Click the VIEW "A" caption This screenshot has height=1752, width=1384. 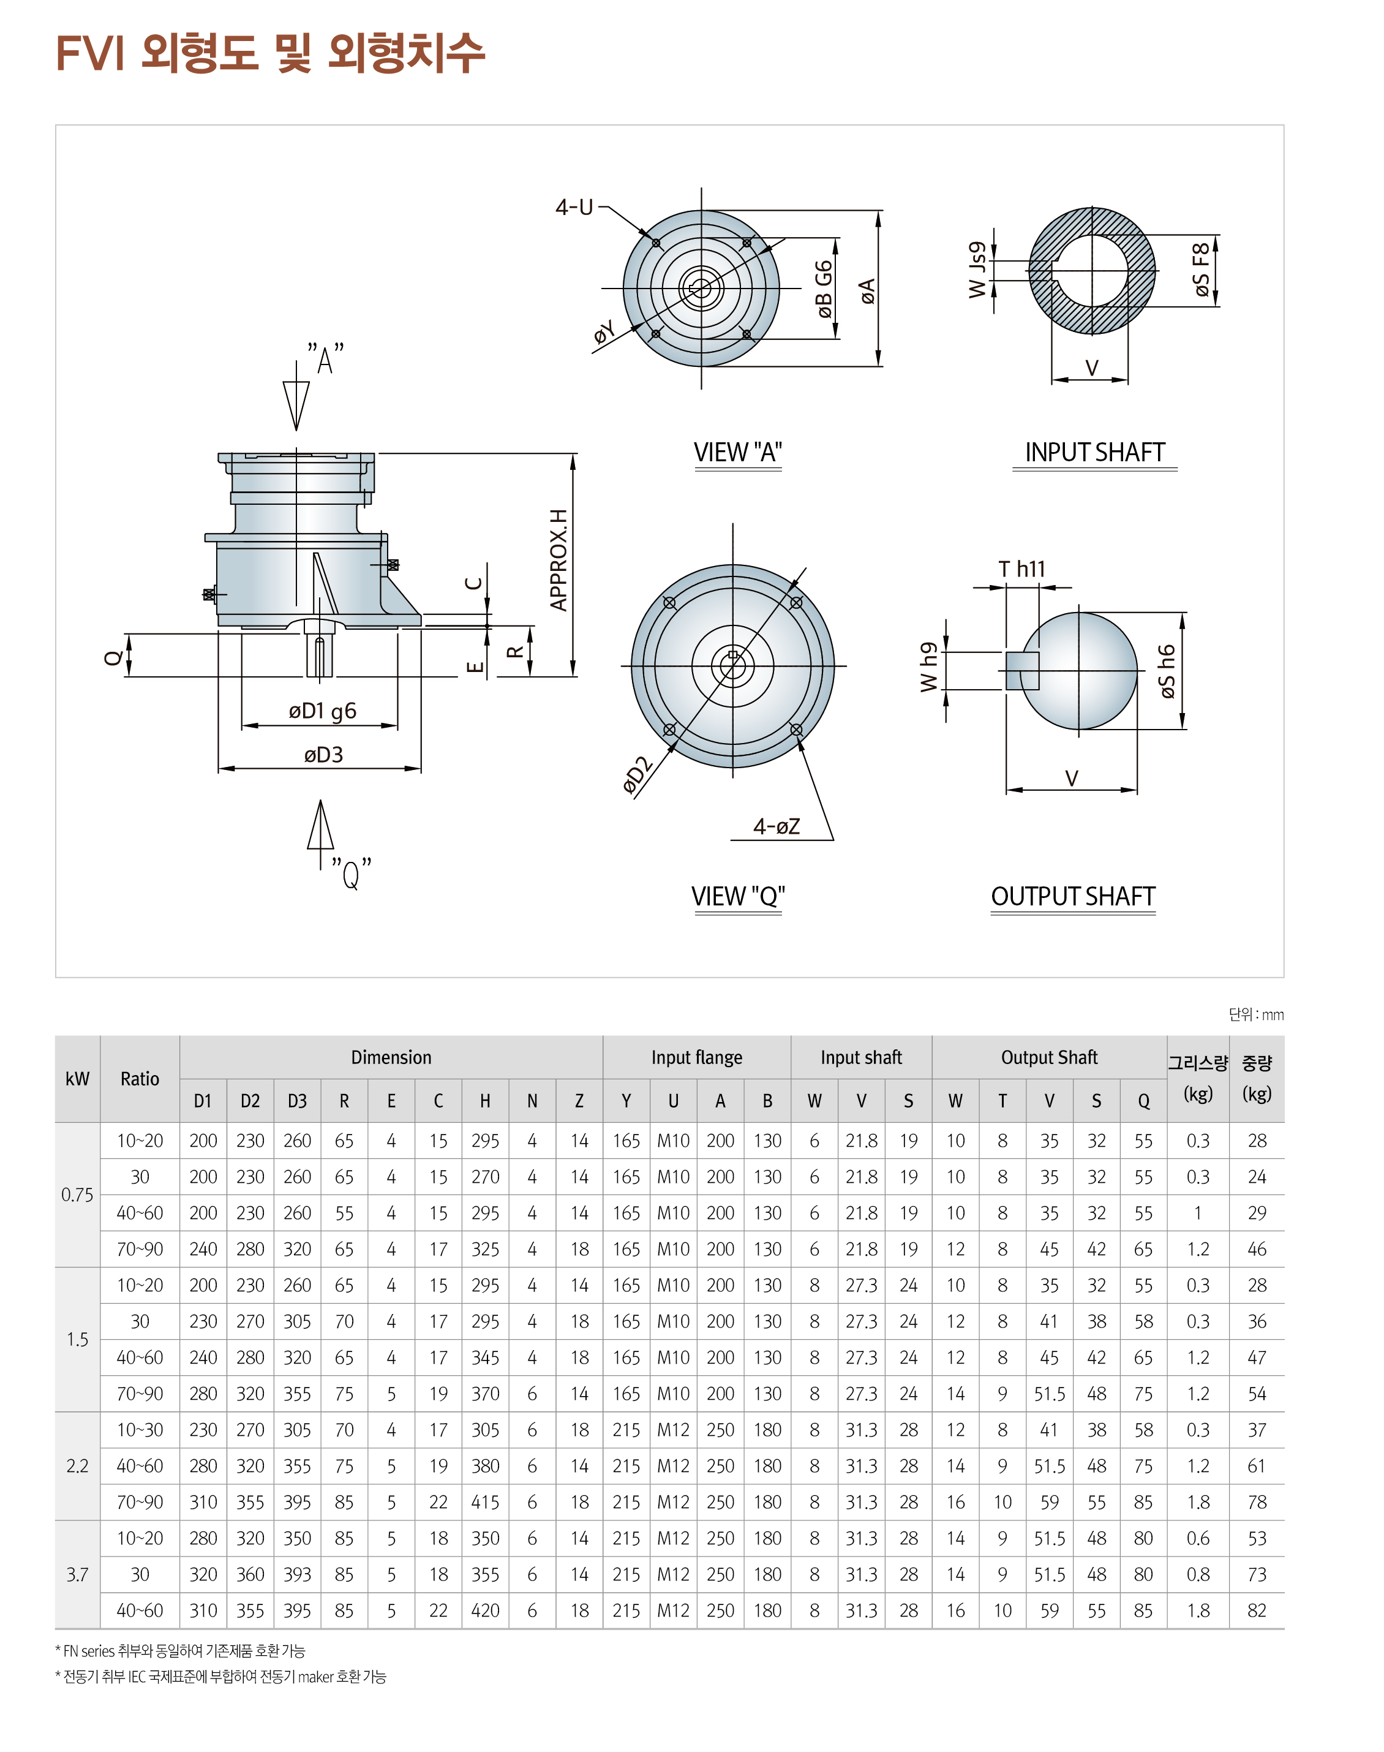737,452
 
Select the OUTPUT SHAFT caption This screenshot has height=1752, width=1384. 1073,896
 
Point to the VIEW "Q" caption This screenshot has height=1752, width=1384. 737,896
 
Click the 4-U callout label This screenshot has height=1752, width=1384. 574,208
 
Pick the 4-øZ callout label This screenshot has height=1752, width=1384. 777,826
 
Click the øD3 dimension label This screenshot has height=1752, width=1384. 323,755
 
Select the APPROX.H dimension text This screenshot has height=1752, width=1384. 558,560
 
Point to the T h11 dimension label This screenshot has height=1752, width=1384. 1022,569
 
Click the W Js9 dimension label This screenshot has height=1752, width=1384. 978,270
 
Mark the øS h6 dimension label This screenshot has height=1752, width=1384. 1166,671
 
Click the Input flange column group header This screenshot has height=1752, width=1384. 696,1057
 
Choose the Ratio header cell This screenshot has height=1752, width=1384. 140,1079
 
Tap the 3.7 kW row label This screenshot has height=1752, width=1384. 77,1574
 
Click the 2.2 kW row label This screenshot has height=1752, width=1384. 77,1466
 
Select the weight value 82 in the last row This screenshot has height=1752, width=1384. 1256,1610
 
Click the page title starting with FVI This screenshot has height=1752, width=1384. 270,53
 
